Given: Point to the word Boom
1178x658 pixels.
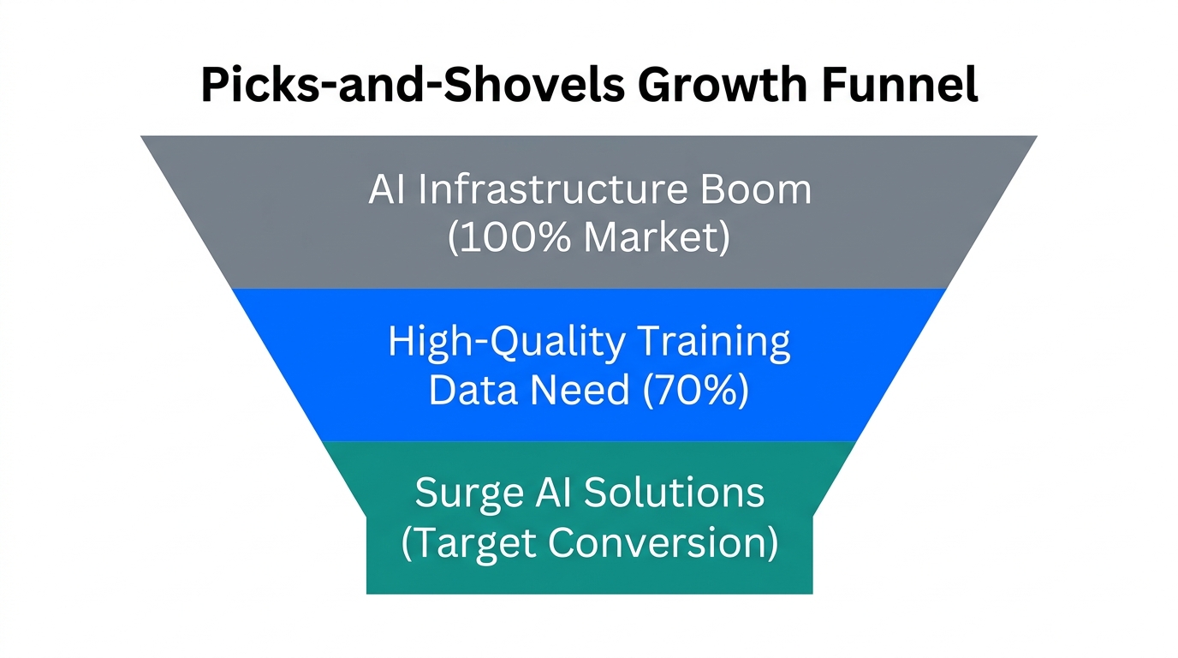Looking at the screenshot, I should click(756, 188).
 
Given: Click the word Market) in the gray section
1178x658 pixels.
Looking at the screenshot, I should click(657, 238).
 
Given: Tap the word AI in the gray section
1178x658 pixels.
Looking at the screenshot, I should click(387, 188).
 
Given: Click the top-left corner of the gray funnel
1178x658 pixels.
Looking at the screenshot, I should click(143, 137).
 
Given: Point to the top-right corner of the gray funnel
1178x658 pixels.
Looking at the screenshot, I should click(1035, 137).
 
